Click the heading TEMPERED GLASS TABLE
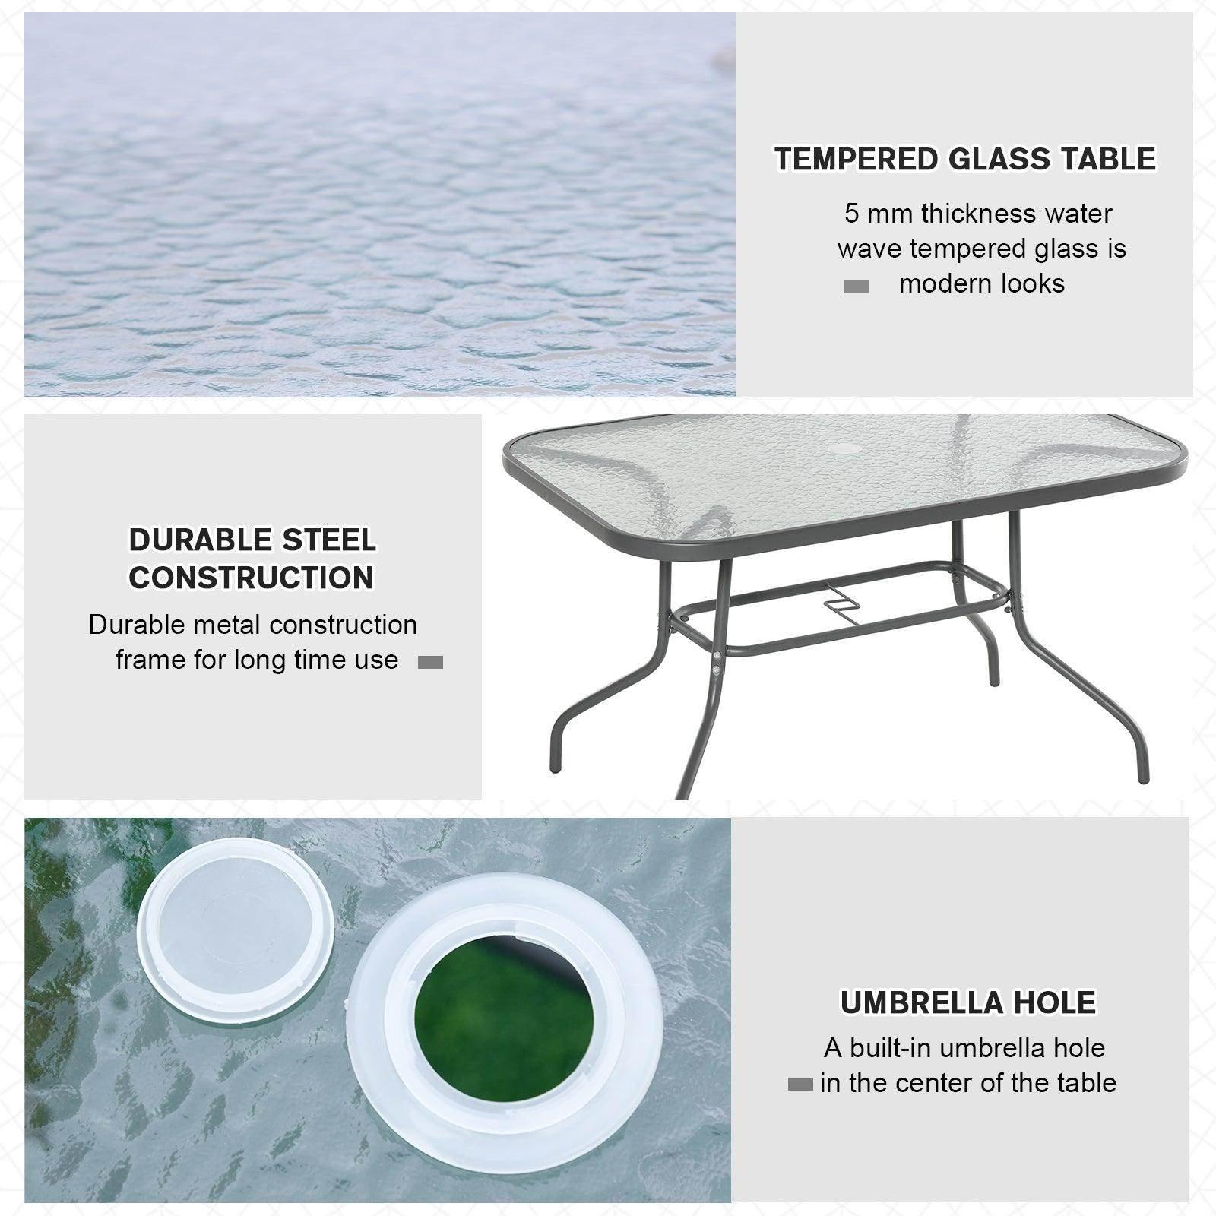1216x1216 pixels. click(964, 160)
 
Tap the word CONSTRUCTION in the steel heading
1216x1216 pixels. click(251, 578)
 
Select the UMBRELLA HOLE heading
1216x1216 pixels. click(967, 1002)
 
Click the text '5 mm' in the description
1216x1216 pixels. click(879, 214)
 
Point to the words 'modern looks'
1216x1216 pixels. click(981, 283)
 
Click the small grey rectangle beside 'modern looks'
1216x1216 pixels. click(857, 287)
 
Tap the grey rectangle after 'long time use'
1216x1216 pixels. click(430, 662)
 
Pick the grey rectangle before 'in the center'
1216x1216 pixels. click(800, 1085)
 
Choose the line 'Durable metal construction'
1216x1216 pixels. click(252, 625)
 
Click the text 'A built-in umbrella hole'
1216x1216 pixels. click(964, 1048)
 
